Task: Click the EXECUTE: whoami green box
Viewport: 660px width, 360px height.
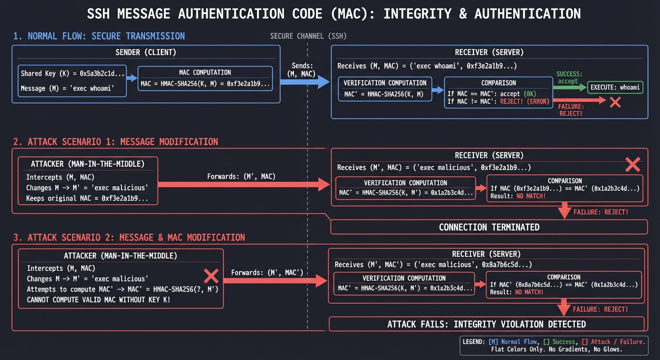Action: click(615, 87)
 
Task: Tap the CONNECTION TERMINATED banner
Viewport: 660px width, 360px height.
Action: click(489, 227)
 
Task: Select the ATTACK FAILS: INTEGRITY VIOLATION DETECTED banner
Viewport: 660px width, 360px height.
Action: click(486, 324)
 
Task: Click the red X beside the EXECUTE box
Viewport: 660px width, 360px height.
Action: click(615, 102)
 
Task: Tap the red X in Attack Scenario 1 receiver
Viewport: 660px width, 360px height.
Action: click(632, 164)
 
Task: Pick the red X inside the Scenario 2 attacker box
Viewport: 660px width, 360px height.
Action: click(211, 276)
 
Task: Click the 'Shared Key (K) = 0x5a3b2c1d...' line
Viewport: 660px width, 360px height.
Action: click(73, 74)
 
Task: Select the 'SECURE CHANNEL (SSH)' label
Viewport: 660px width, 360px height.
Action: click(308, 37)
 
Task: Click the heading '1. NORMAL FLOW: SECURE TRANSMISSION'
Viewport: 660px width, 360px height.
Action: click(99, 36)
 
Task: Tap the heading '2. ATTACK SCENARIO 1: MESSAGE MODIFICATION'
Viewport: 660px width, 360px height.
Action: click(115, 142)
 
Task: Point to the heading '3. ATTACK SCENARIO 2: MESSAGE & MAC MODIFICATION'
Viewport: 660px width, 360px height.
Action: click(129, 238)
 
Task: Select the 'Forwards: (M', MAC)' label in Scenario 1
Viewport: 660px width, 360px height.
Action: click(241, 177)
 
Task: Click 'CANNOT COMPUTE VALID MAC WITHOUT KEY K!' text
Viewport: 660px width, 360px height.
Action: click(98, 300)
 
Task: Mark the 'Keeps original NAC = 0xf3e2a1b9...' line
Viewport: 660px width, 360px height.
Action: click(87, 198)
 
